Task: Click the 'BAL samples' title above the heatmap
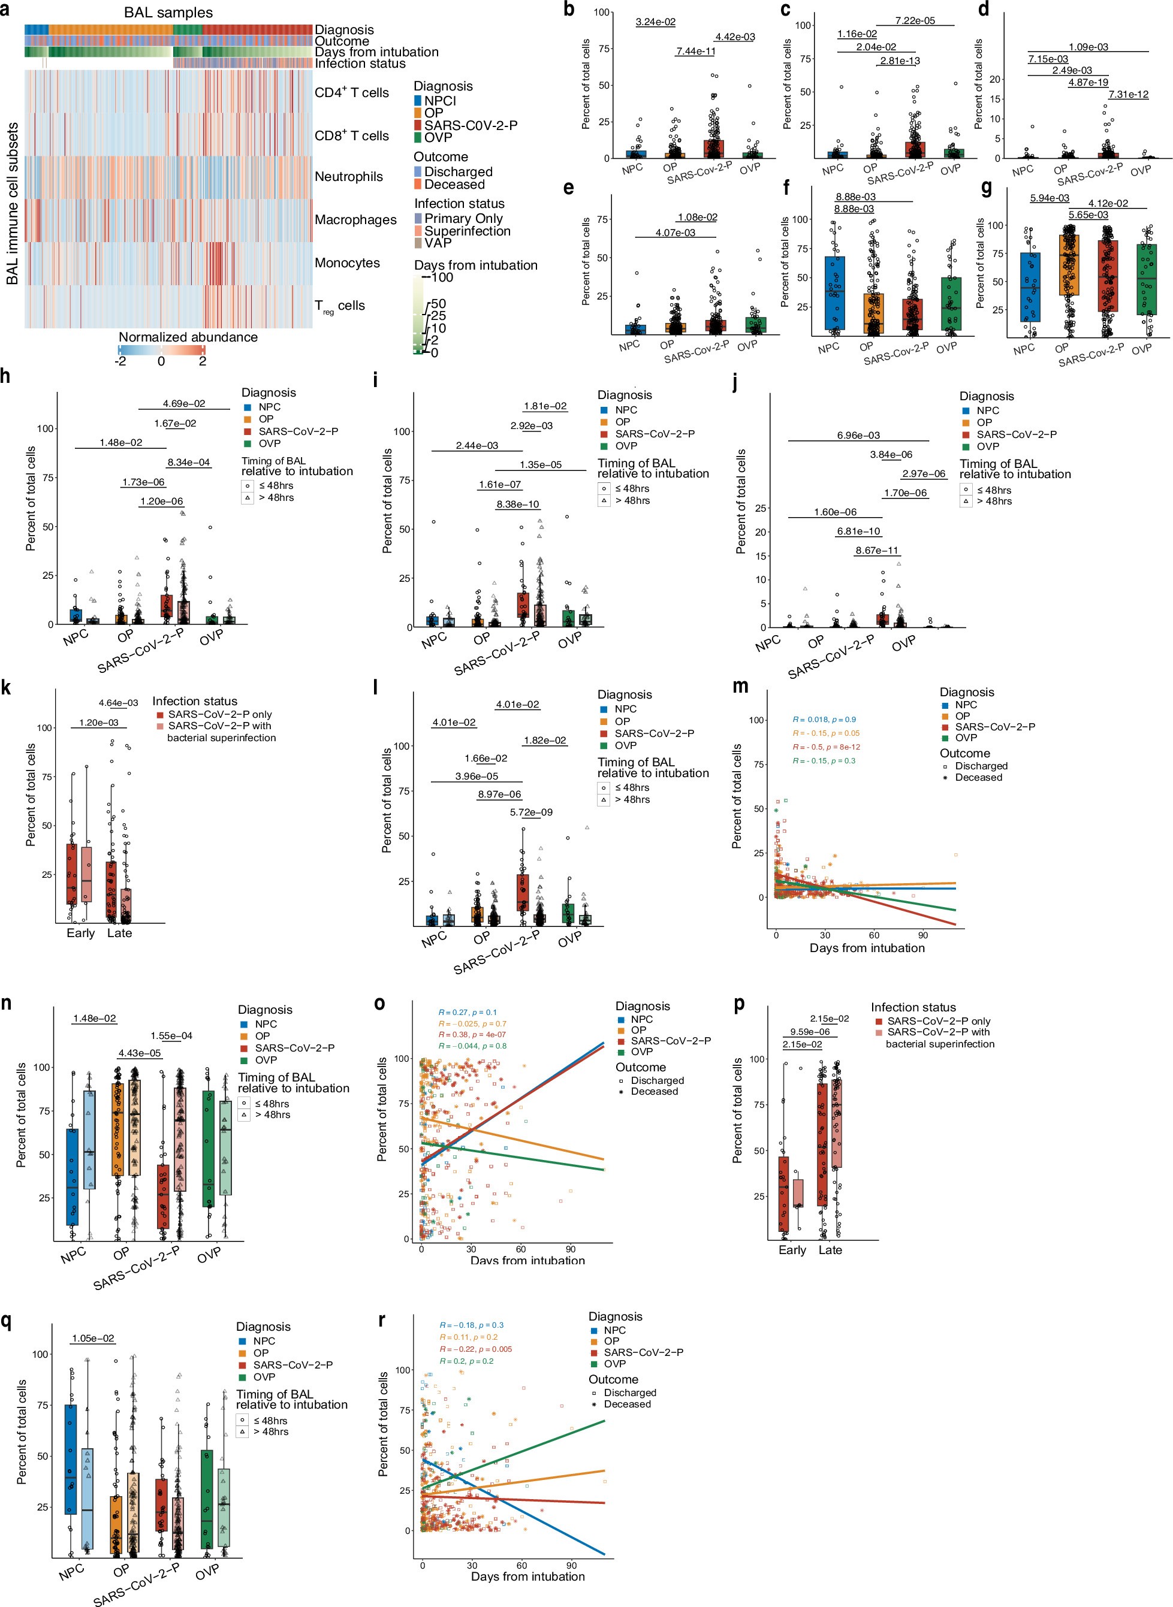(168, 13)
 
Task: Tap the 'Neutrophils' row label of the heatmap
(349, 177)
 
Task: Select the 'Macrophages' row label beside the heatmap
(355, 220)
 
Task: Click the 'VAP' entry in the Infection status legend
(438, 243)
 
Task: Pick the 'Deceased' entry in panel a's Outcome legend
(454, 185)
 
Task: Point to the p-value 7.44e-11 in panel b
(695, 51)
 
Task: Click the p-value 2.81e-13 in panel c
(900, 61)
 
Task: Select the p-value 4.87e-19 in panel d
(1088, 82)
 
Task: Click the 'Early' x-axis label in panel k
(80, 933)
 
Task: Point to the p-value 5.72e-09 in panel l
(531, 812)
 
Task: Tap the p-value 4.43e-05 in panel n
(139, 1053)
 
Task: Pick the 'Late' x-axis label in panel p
(830, 1250)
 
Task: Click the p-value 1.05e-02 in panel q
(92, 1339)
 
